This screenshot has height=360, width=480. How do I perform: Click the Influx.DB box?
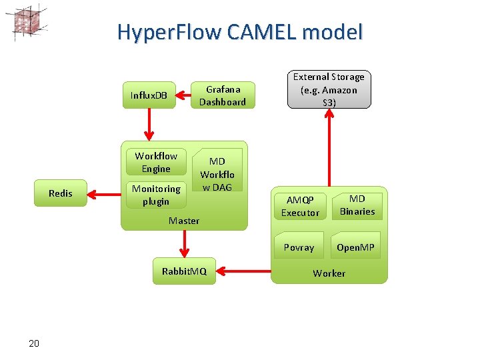[149, 95]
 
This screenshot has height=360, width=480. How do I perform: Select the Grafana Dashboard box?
[223, 95]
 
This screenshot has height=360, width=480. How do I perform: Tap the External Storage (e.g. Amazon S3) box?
[329, 89]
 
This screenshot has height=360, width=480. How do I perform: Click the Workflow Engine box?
[156, 162]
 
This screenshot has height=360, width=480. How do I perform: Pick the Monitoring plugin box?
[156, 195]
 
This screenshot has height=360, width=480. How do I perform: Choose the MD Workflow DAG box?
[217, 174]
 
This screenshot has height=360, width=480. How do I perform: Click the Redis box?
[60, 193]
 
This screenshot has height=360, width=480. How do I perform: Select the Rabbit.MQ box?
[184, 271]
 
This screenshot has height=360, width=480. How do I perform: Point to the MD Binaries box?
[357, 205]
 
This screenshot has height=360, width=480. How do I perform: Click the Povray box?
[299, 247]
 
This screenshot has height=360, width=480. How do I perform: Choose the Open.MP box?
[355, 247]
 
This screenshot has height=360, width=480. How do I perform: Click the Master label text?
[184, 221]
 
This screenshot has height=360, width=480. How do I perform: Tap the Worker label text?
[329, 273]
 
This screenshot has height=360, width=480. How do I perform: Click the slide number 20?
[34, 343]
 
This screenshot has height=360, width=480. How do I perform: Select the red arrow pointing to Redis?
[104, 194]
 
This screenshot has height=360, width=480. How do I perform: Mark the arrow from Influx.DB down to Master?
[149, 124]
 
